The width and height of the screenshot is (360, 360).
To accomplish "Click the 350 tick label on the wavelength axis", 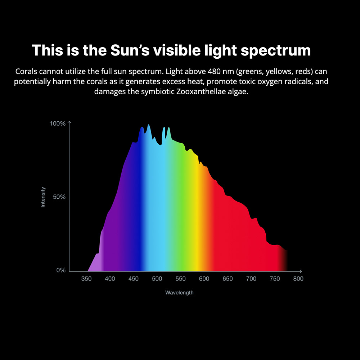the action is coord(86,279).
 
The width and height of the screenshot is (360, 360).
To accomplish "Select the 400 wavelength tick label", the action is coord(110,279).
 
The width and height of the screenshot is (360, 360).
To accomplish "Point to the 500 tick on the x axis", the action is coord(157,279).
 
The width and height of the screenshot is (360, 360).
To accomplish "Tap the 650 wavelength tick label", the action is coord(228,279).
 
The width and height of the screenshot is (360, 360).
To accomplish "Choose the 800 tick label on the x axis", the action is coord(298,279).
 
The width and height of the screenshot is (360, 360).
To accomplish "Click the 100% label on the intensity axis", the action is coord(58,123).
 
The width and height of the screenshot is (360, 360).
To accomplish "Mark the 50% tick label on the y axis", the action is coord(59,197).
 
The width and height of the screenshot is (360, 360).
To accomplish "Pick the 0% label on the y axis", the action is coord(61,270).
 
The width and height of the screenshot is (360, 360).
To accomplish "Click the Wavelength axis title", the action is coord(179,293).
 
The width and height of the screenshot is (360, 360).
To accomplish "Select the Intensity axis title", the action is coord(43,197).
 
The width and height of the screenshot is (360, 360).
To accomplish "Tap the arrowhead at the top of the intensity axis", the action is coord(69,123).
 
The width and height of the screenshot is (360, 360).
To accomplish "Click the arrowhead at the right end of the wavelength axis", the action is coord(301,271).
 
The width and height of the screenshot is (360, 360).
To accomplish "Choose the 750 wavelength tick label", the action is coord(275,279).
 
